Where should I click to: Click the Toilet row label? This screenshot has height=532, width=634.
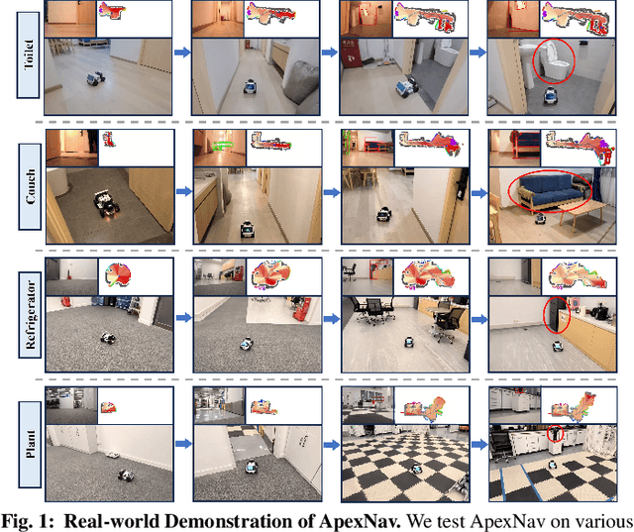point(29,54)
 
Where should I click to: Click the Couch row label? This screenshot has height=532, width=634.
point(30,187)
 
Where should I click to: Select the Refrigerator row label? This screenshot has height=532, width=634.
point(30,314)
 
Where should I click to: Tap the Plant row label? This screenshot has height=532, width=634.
point(30,444)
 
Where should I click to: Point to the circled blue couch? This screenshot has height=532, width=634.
point(550,191)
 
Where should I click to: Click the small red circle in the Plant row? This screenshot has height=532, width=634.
point(555,434)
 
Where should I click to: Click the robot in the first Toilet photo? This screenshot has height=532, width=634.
point(96,78)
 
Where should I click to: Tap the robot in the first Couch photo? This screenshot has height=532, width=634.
point(106,203)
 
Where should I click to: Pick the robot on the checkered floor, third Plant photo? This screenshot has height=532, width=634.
point(416,469)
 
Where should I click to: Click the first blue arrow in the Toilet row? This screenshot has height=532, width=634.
point(182,53)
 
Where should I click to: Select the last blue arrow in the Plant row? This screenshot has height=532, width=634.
point(479,444)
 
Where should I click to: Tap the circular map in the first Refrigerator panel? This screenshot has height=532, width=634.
point(118,275)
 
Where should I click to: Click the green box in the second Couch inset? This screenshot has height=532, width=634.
point(222,145)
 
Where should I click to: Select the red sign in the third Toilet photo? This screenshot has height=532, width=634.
point(350,53)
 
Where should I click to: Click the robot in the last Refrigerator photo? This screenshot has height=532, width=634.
point(557,346)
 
